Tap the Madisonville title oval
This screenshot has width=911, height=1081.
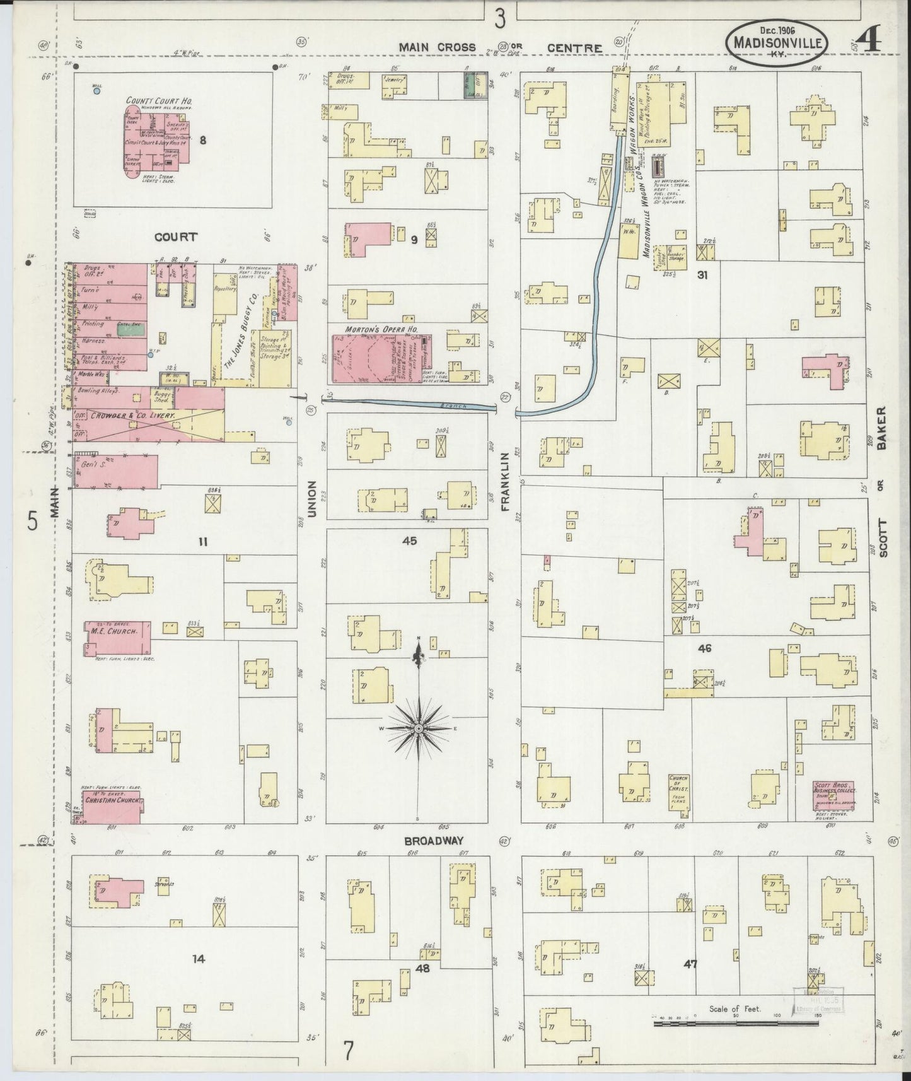[776, 42]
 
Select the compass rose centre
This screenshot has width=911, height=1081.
[418, 728]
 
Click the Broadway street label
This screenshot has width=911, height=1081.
[434, 841]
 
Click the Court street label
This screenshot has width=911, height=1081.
[176, 238]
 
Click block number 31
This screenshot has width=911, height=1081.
[705, 275]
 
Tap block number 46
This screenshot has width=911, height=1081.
[704, 648]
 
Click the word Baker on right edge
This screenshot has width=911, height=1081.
[881, 428]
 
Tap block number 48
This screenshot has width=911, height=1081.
[422, 967]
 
